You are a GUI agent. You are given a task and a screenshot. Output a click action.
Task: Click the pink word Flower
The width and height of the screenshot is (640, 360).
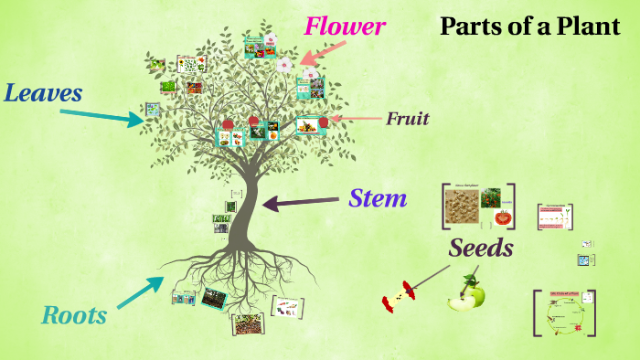pyautogui.click(x=345, y=26)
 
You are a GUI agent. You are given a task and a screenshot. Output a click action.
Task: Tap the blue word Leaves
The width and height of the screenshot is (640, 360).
pyautogui.click(x=43, y=92)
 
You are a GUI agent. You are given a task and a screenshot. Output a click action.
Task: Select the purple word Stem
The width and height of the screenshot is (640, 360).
pyautogui.click(x=378, y=197)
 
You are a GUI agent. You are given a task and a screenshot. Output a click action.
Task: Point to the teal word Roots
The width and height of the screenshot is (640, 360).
pyautogui.click(x=74, y=316)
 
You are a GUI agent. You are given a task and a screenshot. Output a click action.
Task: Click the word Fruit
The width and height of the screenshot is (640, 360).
pyautogui.click(x=407, y=119)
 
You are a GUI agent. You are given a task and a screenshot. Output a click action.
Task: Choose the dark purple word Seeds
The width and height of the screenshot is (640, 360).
pyautogui.click(x=480, y=248)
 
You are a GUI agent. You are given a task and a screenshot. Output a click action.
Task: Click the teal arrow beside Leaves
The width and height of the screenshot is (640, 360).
pyautogui.click(x=101, y=114)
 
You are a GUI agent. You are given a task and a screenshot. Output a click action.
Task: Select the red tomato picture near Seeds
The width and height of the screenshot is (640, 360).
pyautogui.click(x=502, y=217)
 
